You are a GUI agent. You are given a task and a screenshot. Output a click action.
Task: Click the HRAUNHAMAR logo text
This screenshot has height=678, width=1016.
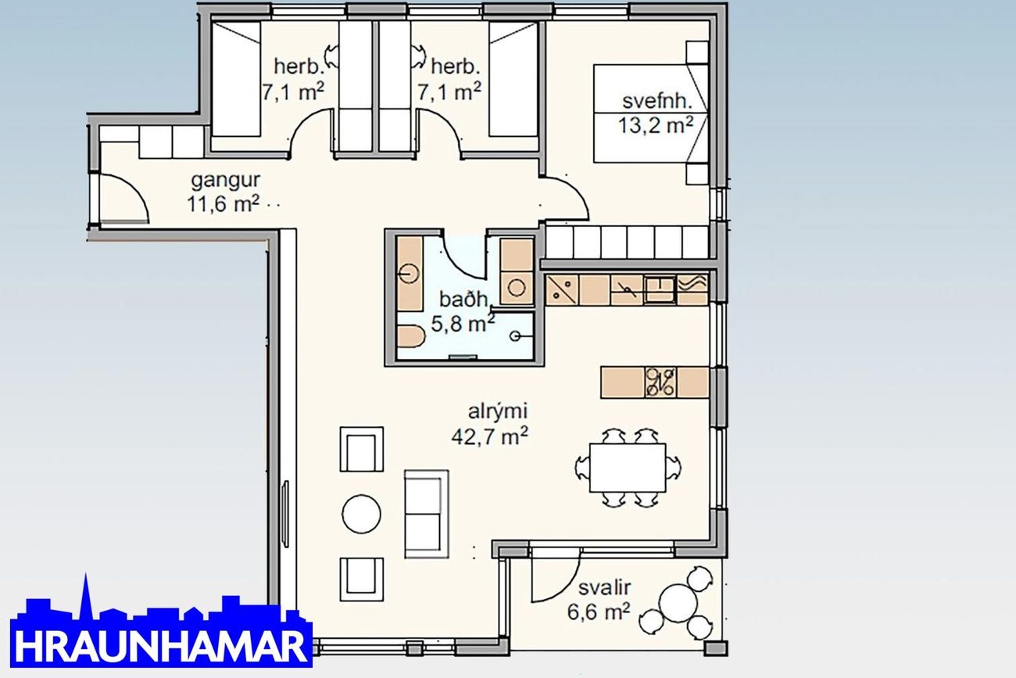click(161, 646)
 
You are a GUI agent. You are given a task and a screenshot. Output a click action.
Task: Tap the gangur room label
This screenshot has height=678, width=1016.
click(225, 180)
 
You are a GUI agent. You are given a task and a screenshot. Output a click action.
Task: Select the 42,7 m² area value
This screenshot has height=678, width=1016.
click(489, 437)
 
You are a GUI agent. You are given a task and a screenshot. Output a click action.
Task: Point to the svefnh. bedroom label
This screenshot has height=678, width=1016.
click(657, 101)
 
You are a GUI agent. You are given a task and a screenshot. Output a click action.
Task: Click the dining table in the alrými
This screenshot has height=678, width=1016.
click(628, 468)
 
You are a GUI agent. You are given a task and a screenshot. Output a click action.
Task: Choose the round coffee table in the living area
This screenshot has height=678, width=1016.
click(361, 514)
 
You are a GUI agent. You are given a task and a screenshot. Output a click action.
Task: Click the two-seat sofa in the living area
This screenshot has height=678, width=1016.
click(427, 514)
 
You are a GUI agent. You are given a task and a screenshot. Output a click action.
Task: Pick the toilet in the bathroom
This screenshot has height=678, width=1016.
click(411, 336)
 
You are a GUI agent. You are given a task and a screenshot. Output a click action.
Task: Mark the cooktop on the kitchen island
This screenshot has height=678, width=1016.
click(660, 382)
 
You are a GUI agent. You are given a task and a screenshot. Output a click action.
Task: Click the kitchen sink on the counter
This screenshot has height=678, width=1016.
click(660, 289)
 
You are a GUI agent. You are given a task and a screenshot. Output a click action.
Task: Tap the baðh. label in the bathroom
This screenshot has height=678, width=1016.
click(464, 299)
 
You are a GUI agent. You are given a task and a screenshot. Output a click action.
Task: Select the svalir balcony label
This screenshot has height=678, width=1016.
click(605, 588)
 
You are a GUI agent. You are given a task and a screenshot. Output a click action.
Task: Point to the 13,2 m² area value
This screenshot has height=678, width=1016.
click(656, 125)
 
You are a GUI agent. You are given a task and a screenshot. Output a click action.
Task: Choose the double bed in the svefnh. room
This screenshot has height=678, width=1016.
click(651, 113)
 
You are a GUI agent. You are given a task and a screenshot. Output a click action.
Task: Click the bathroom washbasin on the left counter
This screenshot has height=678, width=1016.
click(409, 274)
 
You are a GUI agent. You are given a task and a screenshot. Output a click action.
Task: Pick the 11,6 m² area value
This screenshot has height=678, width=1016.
click(224, 204)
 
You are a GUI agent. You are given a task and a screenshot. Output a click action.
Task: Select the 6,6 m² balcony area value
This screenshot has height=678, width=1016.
click(599, 612)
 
